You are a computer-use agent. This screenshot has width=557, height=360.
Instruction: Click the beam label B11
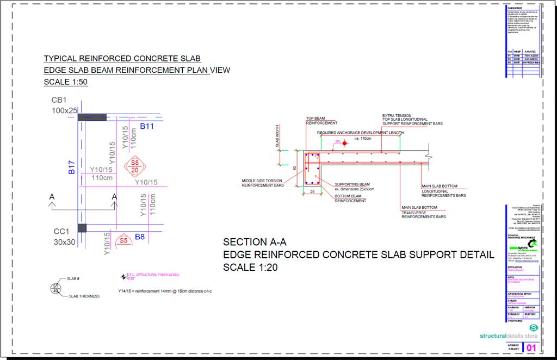pyautogui.click(x=147, y=127)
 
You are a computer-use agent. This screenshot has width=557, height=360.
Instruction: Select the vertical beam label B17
pyautogui.click(x=71, y=167)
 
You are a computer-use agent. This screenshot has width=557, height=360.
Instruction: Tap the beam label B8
pyautogui.click(x=140, y=237)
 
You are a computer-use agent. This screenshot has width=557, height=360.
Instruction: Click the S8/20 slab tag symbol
pyautogui.click(x=134, y=166)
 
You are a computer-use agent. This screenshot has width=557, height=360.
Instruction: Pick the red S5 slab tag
pyautogui.click(x=123, y=240)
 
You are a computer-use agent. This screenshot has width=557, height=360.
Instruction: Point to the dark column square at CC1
pyautogui.click(x=82, y=228)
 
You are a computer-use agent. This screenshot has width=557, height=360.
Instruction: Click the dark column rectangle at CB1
pyautogui.click(x=92, y=117)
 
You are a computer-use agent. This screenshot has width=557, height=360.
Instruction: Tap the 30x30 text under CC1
pyautogui.click(x=64, y=242)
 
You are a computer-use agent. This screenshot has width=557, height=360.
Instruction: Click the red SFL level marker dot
pyautogui.click(x=344, y=142)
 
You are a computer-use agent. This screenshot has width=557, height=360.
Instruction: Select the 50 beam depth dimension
pyautogui.click(x=295, y=169)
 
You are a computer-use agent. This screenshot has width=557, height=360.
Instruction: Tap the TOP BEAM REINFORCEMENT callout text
pyautogui.click(x=321, y=121)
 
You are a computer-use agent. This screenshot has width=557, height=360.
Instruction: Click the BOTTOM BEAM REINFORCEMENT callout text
pyautogui.click(x=350, y=198)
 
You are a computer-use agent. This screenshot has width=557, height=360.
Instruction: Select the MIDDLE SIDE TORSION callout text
pyautogui.click(x=263, y=183)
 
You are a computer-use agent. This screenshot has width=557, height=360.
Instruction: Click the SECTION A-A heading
pyautogui.click(x=255, y=242)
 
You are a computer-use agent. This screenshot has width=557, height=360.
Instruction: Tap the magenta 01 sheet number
pyautogui.click(x=531, y=347)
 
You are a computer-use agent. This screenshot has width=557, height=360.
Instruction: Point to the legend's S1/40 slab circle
pyautogui.click(x=55, y=288)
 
